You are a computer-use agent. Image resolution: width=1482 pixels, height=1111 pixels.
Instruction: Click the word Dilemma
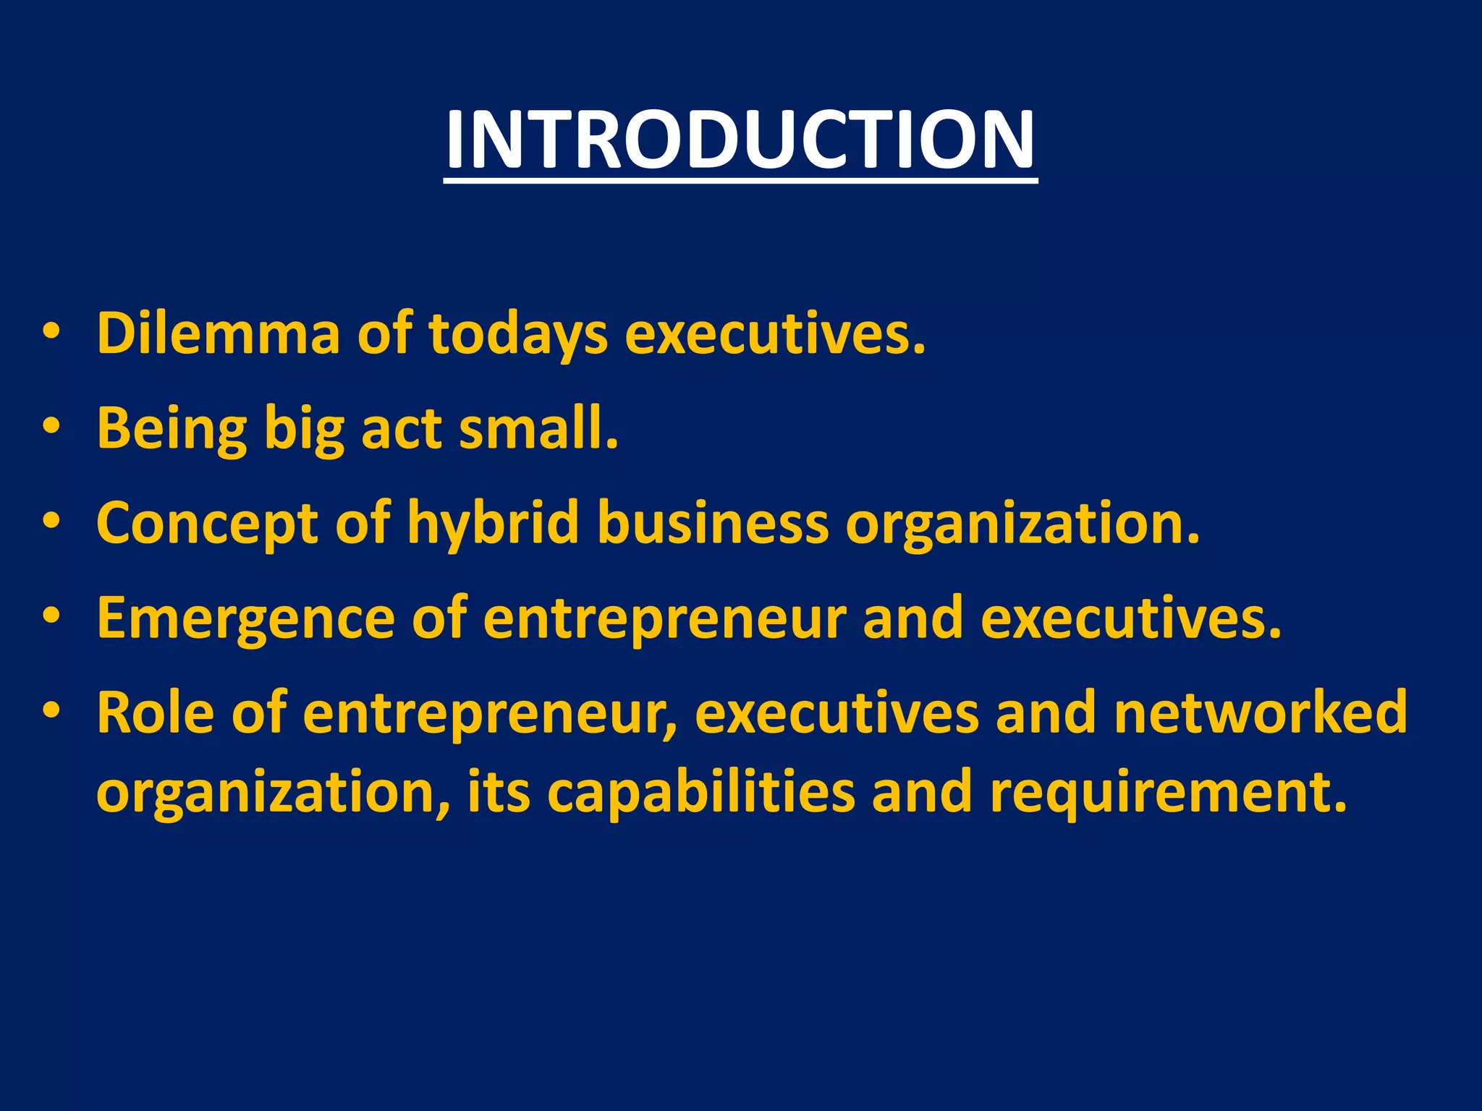point(218,333)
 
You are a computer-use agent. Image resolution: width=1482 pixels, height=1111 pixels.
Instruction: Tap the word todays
point(517,333)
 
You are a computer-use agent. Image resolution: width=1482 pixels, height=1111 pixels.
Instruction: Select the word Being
point(172,428)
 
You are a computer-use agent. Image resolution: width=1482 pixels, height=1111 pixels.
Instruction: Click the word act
point(401,428)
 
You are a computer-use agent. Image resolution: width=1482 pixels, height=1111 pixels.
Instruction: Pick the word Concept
point(206,523)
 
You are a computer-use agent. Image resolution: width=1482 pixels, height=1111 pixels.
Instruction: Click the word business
point(713,523)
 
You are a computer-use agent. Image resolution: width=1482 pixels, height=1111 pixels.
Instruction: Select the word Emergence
point(245,618)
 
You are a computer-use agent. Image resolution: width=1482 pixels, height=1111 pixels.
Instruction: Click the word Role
point(156,712)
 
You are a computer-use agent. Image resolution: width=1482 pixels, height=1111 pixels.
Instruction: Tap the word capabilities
point(700,792)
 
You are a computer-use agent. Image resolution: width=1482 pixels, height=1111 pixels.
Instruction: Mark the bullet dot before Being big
point(51,427)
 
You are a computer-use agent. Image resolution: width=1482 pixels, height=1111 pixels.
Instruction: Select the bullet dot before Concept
point(51,522)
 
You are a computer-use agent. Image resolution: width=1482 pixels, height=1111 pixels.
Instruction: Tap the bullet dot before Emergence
point(51,616)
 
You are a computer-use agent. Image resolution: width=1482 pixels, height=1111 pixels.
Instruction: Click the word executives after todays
point(774,333)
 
